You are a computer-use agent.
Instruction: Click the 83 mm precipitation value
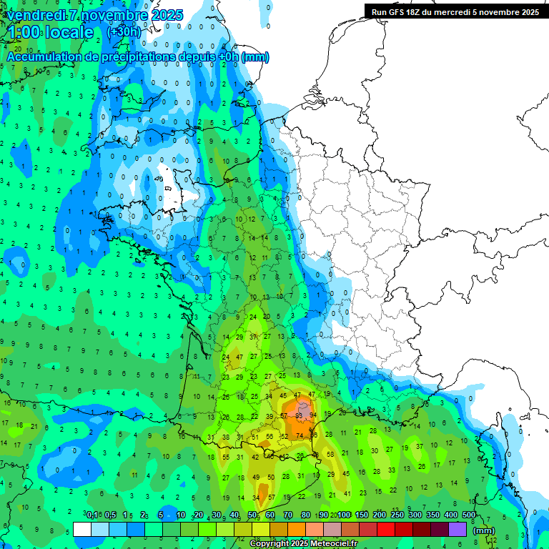click(300, 415)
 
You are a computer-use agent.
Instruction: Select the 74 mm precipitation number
click(300, 435)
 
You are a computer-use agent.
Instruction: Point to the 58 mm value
click(330, 454)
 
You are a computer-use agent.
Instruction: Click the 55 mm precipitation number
click(227, 457)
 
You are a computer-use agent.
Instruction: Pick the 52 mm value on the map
click(284, 436)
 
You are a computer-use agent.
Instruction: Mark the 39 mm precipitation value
click(269, 416)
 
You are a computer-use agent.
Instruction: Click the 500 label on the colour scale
click(469, 515)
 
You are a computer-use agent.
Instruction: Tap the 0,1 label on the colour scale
click(93, 515)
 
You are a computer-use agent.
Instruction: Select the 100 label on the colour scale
click(344, 515)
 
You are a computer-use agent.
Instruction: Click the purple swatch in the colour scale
click(457, 529)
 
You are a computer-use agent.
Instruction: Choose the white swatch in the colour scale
click(82, 529)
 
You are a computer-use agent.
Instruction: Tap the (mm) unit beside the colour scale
click(484, 530)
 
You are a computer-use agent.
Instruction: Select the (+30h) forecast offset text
click(124, 32)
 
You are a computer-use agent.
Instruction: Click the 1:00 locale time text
click(49, 32)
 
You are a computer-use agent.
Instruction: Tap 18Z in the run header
click(420, 12)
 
